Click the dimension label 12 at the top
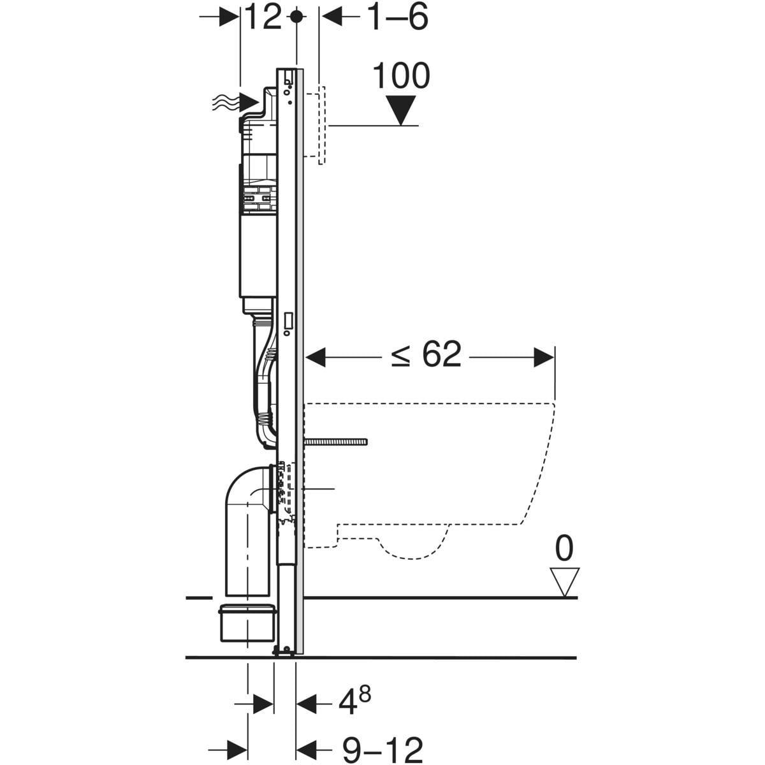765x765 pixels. click(263, 18)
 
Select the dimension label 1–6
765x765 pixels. click(397, 18)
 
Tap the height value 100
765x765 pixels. click(400, 76)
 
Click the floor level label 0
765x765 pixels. click(564, 548)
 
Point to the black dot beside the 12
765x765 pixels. click(295, 17)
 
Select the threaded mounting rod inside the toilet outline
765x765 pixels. click(337, 442)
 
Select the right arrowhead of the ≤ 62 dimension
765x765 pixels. click(544, 358)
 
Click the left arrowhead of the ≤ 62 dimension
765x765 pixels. click(317, 358)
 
